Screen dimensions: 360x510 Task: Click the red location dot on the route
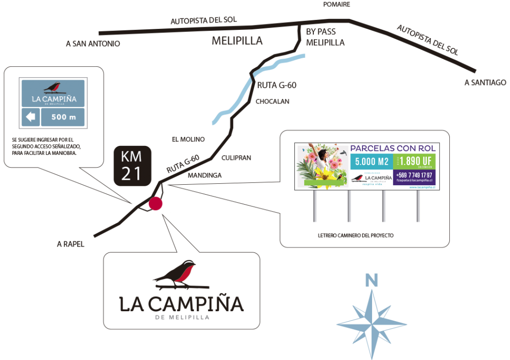(x=155, y=204)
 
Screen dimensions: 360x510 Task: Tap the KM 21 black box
(x=131, y=166)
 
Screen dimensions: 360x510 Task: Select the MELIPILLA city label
(x=237, y=41)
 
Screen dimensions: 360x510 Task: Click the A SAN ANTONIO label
(x=93, y=44)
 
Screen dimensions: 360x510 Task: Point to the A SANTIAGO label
(x=485, y=83)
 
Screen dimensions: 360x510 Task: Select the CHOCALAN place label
(x=272, y=102)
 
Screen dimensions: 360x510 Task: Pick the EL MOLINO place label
(x=188, y=139)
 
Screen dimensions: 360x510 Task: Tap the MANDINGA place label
(x=204, y=175)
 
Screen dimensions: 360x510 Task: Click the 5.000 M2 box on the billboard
(x=371, y=161)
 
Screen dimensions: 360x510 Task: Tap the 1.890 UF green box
(x=415, y=161)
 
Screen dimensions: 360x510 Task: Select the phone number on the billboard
(x=414, y=175)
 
